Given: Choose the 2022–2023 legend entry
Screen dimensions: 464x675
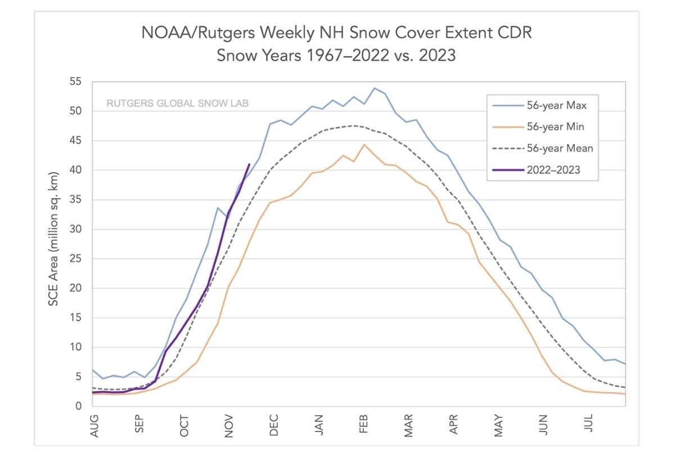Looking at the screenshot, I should (x=553, y=170).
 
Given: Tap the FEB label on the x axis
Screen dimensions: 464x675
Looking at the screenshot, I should (x=364, y=426).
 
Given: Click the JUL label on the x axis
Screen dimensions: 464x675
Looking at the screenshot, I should (x=589, y=426).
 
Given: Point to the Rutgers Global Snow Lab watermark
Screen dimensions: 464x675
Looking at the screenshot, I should (x=178, y=103).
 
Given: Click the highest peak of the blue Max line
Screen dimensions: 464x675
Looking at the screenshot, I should (x=375, y=88).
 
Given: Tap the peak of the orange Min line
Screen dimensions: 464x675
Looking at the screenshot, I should (x=364, y=145).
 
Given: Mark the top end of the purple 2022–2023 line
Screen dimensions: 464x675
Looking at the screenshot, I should (x=249, y=164).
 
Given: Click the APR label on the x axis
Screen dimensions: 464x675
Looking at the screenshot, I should (x=454, y=426).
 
